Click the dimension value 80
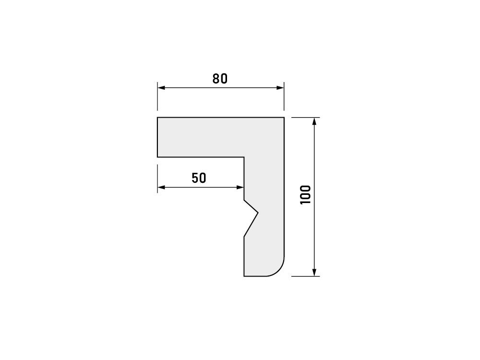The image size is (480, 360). click(x=220, y=79)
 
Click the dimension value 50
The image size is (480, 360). click(x=199, y=178)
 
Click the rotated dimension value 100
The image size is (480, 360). click(x=305, y=195)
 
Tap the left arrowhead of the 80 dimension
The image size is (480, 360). click(x=161, y=88)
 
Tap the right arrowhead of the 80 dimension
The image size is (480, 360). click(x=280, y=88)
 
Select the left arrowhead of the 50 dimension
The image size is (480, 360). click(x=161, y=187)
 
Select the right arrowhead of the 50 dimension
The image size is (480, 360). click(x=240, y=187)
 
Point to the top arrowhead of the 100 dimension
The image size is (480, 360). click(x=314, y=121)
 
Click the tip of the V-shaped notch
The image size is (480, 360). click(x=258, y=212)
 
